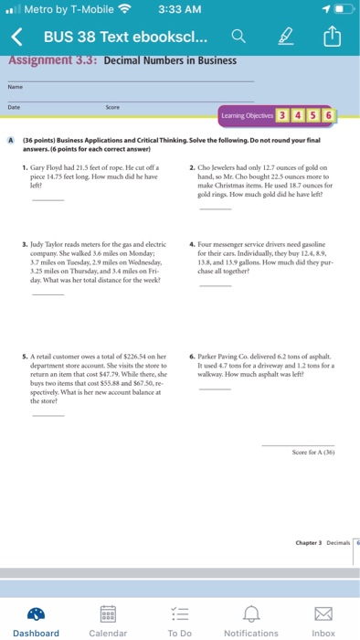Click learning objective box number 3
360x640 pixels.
pos(283,116)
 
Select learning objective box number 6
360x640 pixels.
pos(328,116)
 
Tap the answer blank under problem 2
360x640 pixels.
pos(216,208)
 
